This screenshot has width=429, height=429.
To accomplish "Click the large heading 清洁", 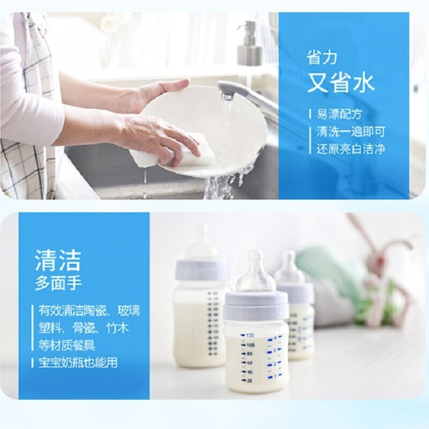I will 57,261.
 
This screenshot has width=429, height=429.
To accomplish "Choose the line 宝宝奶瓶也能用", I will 77,363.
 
